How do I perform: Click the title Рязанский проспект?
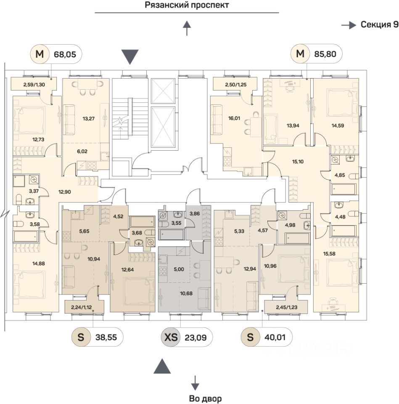[187, 5]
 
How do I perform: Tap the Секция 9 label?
[379, 24]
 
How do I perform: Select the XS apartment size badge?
[171, 337]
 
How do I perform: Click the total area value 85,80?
[325, 54]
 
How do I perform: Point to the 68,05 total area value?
[65, 54]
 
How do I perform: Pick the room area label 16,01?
[234, 118]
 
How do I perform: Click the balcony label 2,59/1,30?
[34, 85]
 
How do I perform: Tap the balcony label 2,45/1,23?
[286, 307]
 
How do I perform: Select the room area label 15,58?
[329, 254]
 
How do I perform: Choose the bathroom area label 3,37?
[34, 191]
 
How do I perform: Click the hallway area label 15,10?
[298, 162]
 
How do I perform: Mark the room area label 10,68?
[186, 293]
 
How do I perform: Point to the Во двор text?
[205, 399]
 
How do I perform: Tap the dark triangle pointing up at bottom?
[162, 366]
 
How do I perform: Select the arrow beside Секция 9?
[349, 25]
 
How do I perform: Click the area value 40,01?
[275, 337]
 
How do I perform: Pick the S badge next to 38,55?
[81, 337]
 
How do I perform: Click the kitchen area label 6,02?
[82, 151]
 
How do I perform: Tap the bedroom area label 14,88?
[39, 263]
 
